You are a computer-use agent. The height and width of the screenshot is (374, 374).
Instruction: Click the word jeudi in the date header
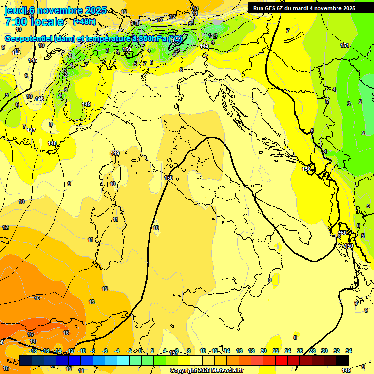click(15, 10)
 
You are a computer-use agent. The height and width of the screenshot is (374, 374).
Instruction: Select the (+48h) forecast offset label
click(84, 22)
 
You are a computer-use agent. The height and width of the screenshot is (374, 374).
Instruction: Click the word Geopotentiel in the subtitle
click(29, 39)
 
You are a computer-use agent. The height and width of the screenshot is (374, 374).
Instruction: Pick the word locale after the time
click(47, 22)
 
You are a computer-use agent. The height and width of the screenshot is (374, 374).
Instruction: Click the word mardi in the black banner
click(309, 8)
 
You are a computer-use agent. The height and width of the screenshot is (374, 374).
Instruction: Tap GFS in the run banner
click(271, 8)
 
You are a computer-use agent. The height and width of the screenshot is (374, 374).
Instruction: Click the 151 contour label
click(345, 45)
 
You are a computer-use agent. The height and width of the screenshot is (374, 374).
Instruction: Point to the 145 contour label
click(33, 60)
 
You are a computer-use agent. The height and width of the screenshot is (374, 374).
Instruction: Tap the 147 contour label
click(31, 130)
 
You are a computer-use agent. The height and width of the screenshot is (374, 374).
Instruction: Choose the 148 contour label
click(52, 143)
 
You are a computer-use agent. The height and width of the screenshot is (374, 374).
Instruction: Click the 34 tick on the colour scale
click(348, 351)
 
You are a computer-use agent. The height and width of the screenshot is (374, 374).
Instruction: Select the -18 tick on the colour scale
click(33, 351)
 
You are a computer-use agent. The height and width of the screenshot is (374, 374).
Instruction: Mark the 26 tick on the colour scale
click(299, 351)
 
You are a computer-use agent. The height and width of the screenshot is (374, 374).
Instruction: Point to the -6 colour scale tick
click(105, 351)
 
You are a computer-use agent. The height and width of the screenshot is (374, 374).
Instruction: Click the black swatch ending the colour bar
click(342, 360)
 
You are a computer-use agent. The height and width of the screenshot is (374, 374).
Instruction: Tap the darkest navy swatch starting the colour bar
click(26, 360)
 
